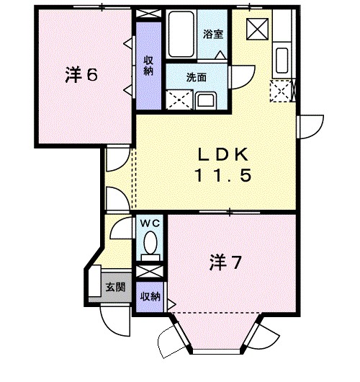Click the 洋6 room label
(x=81, y=76)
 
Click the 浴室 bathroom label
(x=212, y=33)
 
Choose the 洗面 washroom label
(x=197, y=76)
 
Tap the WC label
(x=149, y=224)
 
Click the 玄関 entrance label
(x=114, y=287)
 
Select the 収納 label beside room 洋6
(x=148, y=66)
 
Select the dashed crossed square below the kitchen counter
(x=280, y=91)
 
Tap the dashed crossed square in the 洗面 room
(x=177, y=100)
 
